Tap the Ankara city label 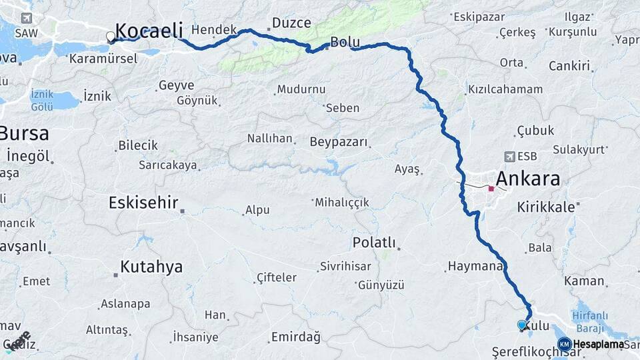[527, 179]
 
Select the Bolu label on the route [345, 43]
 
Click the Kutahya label [151, 267]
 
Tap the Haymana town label [474, 267]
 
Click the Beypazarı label [339, 142]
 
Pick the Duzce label [291, 23]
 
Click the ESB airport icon [510, 157]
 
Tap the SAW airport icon [26, 19]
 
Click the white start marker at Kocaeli [111, 37]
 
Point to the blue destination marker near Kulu [522, 325]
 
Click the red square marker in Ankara [491, 189]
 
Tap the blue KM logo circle [565, 344]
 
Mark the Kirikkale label [546, 207]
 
